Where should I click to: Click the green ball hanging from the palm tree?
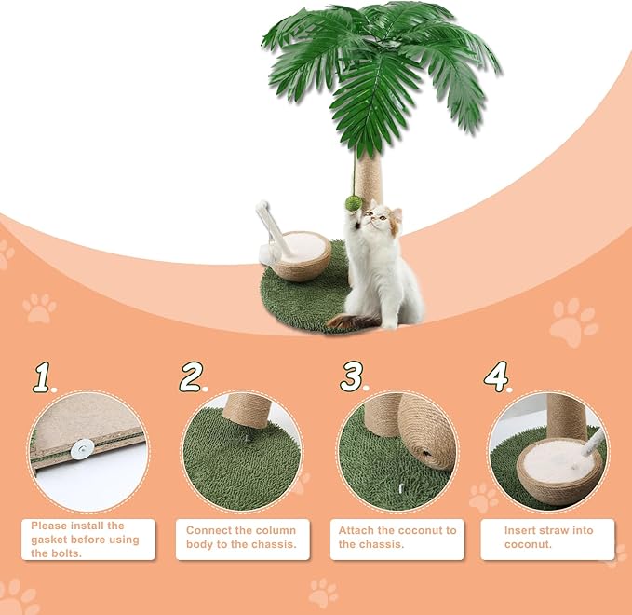[x=353, y=202]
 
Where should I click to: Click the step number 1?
[x=43, y=377]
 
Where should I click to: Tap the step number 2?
[x=192, y=377]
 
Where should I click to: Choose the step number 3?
[x=352, y=377]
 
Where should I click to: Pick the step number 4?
[x=497, y=377]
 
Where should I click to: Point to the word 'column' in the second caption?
[x=276, y=530]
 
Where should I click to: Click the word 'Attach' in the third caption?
[x=356, y=530]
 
